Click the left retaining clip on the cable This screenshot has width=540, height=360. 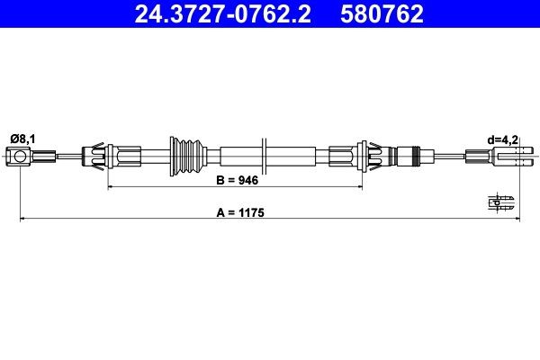(95, 158)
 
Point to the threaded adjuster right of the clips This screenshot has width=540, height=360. (409, 158)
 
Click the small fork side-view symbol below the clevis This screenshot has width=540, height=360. (503, 202)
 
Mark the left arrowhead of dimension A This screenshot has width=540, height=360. (22, 220)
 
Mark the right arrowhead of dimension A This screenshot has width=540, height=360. (517, 220)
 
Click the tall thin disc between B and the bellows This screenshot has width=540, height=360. (263, 158)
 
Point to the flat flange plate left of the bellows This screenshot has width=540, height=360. (169, 158)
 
